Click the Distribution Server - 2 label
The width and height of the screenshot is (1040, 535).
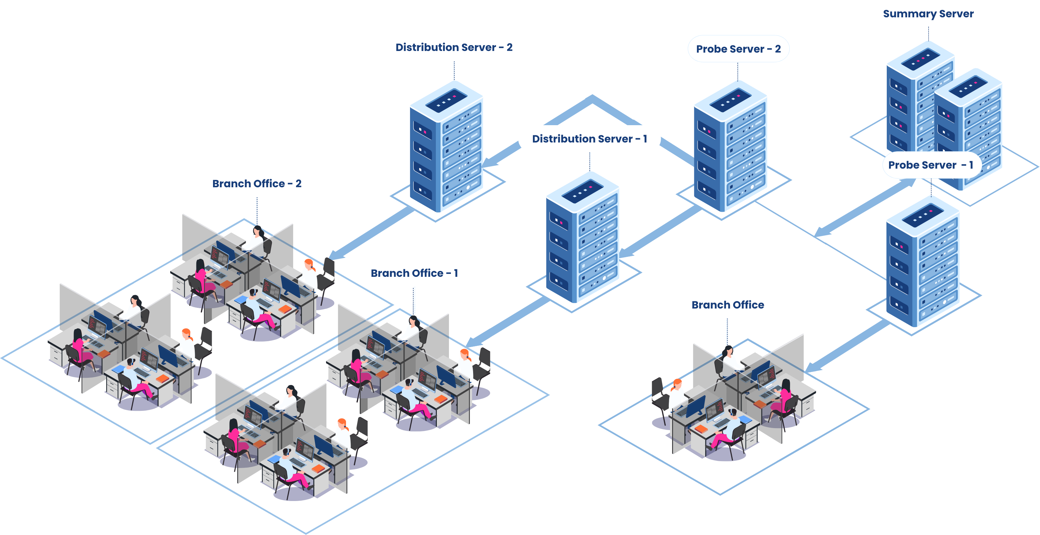point(454,47)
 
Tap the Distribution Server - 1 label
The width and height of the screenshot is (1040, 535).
point(589,139)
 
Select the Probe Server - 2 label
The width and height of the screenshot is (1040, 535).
point(738,49)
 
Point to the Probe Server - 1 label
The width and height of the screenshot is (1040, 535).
point(931,165)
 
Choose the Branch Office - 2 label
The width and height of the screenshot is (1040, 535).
point(257,184)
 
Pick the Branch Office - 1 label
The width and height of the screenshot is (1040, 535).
point(414,273)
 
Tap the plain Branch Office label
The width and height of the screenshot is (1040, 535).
point(728,305)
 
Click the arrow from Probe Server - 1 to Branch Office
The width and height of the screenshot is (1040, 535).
point(848,347)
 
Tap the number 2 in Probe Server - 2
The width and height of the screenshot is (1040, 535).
point(778,49)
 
